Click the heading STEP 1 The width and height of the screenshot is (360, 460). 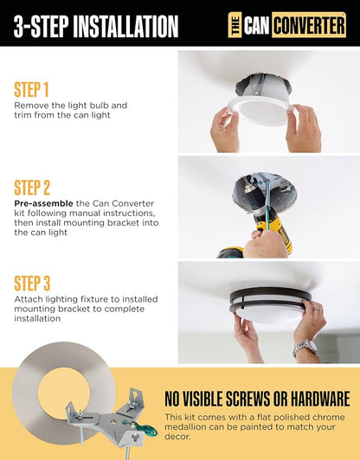tap(31, 89)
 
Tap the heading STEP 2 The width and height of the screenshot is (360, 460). tap(32, 188)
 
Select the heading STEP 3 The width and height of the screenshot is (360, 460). tap(32, 283)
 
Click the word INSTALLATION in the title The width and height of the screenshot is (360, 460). tap(125, 26)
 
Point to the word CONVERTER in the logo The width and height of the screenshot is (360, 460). tap(309, 25)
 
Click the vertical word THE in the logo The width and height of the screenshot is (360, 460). tap(235, 25)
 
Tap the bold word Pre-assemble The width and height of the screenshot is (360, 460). tap(43, 203)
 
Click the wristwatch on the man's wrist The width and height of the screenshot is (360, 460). tap(305, 347)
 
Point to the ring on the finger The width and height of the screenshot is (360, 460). tap(316, 309)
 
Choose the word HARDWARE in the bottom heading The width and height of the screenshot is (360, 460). tap(320, 399)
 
